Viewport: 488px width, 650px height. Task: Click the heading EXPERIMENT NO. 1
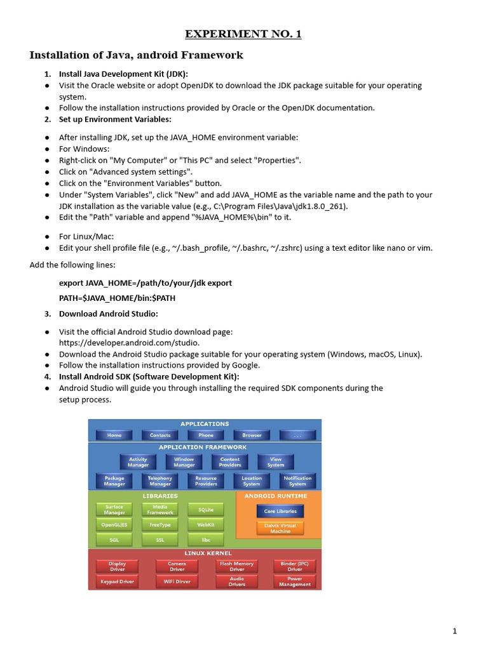click(243, 34)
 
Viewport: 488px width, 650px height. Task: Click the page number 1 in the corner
click(455, 630)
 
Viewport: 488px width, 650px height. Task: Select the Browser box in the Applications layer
click(252, 435)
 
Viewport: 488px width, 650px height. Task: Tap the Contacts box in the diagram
click(160, 435)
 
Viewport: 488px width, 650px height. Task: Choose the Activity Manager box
click(138, 461)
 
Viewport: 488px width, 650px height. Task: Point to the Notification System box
click(297, 481)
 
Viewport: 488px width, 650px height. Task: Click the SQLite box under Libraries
click(206, 509)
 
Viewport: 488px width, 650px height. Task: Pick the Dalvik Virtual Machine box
click(280, 528)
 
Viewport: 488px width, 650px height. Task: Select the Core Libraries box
click(280, 510)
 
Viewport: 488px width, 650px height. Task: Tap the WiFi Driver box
click(177, 581)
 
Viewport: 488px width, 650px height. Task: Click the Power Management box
click(295, 581)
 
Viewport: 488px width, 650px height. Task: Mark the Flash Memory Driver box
click(236, 566)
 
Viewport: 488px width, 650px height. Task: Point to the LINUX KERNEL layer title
click(205, 553)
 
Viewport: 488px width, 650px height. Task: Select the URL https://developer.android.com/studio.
click(129, 343)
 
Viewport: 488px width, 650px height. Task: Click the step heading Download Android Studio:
click(109, 314)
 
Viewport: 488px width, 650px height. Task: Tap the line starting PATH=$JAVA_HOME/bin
click(118, 297)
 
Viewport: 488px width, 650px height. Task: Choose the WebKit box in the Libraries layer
click(206, 525)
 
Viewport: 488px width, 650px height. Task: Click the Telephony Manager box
click(160, 481)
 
